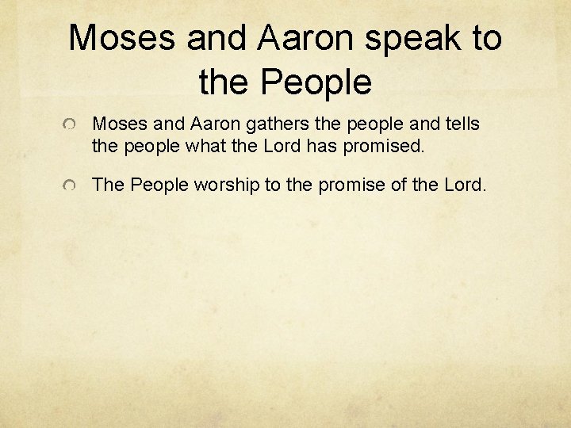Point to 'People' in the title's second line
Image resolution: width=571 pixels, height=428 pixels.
315,81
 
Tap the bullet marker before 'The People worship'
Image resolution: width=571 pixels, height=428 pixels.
71,186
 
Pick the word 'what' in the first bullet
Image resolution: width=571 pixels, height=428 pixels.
184,146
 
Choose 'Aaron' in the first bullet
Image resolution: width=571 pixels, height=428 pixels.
207,124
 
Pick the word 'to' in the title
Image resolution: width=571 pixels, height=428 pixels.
483,38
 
